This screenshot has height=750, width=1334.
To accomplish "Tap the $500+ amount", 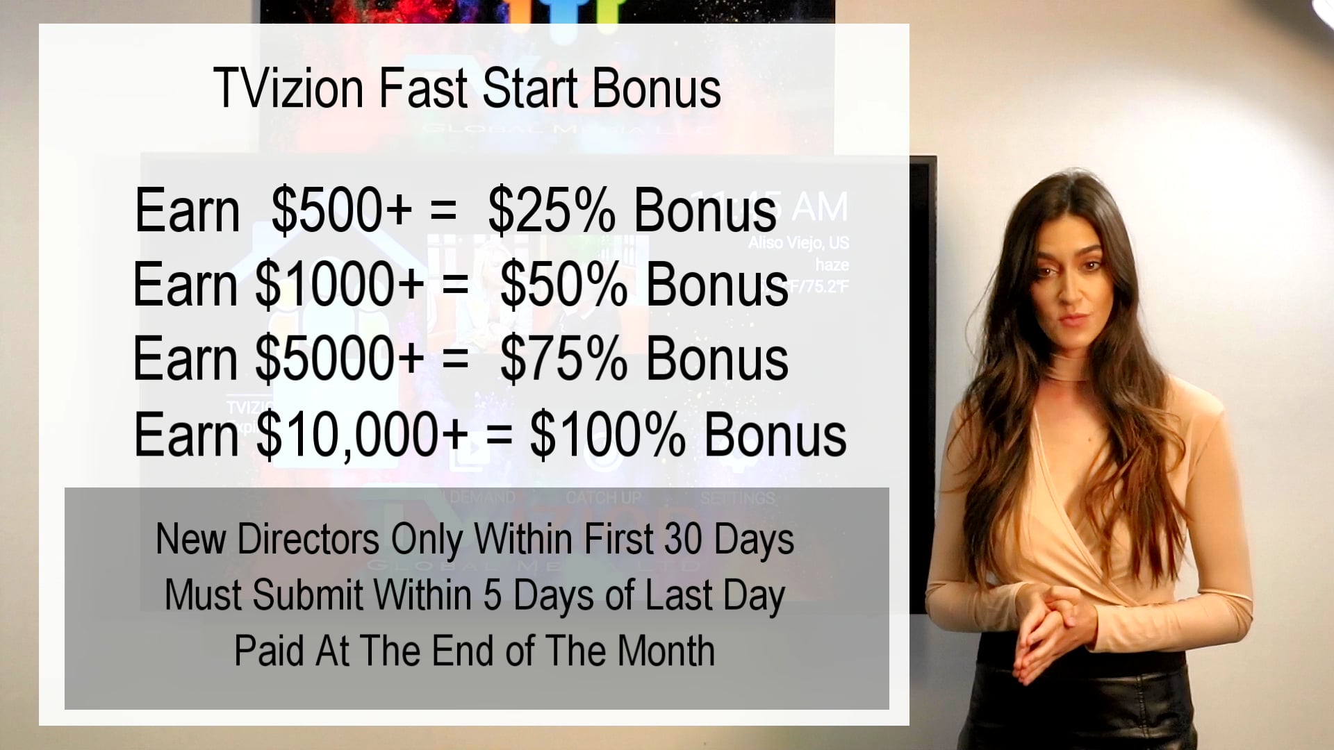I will [341, 210].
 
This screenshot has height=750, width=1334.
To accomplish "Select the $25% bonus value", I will [551, 210].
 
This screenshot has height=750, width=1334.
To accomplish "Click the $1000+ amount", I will [339, 285].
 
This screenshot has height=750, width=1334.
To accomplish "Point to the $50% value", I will [563, 285].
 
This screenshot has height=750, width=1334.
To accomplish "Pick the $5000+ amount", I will [339, 359].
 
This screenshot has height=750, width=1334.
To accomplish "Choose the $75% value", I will [563, 359].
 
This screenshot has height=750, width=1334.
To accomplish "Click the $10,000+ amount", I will [362, 435].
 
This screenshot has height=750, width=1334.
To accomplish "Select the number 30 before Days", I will [683, 539].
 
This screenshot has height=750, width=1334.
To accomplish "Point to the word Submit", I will [308, 595].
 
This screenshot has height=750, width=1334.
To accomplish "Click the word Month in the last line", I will [666, 651].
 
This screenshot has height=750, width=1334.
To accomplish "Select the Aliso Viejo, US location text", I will [798, 243].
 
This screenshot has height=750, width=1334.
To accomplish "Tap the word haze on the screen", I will [832, 265].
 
